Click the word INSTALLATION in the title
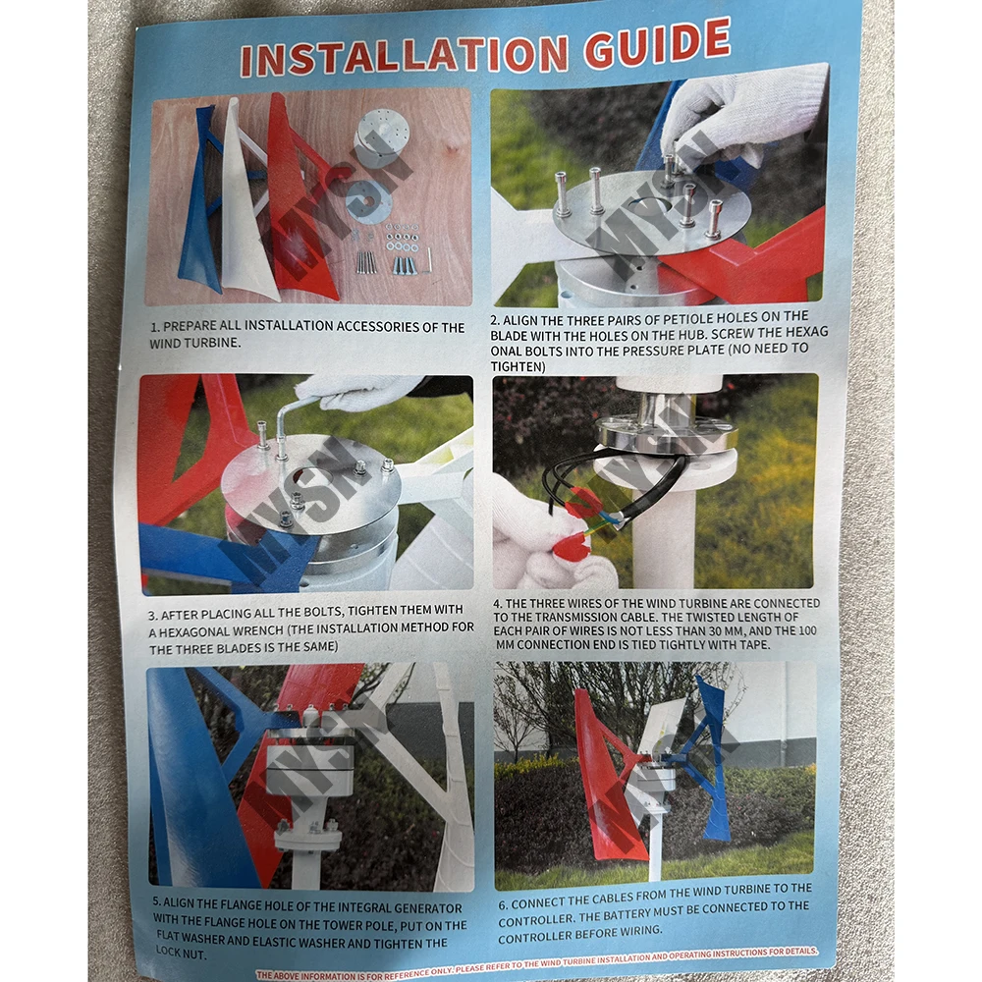405,56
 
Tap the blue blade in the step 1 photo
201,200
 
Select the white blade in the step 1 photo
245,200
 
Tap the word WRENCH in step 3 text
256,630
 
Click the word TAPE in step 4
754,644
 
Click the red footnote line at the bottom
537,964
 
